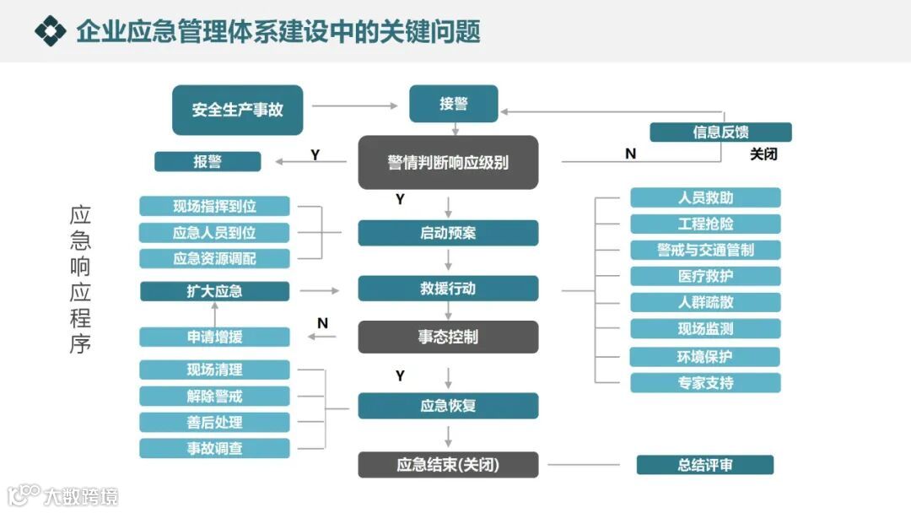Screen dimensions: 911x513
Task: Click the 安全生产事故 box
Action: pyautogui.click(x=237, y=110)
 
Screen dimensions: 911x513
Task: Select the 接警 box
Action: pyautogui.click(x=453, y=104)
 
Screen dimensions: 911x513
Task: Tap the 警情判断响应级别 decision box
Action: pyautogui.click(x=448, y=162)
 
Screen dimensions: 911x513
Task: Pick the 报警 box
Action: pyautogui.click(x=208, y=161)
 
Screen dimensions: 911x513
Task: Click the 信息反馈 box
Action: pyautogui.click(x=720, y=132)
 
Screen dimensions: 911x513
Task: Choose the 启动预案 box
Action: pyautogui.click(x=448, y=233)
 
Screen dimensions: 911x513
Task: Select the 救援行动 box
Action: pyautogui.click(x=448, y=289)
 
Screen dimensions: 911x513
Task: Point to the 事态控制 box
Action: pyautogui.click(x=448, y=337)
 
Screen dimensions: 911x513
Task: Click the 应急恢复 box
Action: pyautogui.click(x=448, y=406)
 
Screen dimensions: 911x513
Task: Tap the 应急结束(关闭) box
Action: pyautogui.click(x=448, y=465)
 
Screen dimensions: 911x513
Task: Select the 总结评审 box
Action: pyautogui.click(x=704, y=465)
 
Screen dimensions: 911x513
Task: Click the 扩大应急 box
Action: pyautogui.click(x=214, y=291)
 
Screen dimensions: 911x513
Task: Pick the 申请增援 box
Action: pyautogui.click(x=214, y=337)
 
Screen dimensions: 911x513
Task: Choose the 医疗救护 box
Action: pyautogui.click(x=705, y=276)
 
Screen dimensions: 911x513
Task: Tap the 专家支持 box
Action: pyautogui.click(x=705, y=383)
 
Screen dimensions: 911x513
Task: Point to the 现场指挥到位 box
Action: pyautogui.click(x=214, y=206)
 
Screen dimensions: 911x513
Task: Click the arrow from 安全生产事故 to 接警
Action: pyautogui.click(x=354, y=105)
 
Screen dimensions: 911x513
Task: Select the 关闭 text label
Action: pyautogui.click(x=763, y=154)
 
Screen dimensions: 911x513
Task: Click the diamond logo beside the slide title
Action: pyautogui.click(x=50, y=31)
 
